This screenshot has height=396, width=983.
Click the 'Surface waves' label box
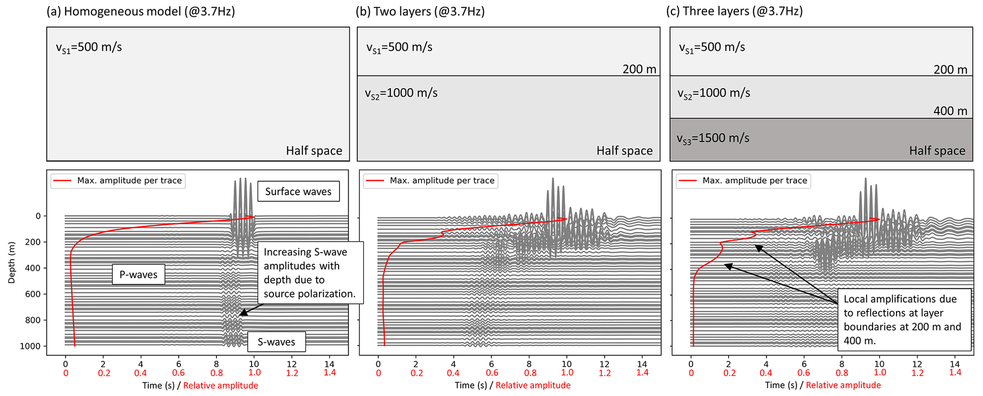tap(298, 191)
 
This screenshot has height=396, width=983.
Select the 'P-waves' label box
tap(138, 274)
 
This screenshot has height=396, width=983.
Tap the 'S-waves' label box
tap(276, 342)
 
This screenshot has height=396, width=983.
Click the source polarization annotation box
tap(310, 273)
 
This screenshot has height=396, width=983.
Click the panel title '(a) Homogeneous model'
tap(141, 11)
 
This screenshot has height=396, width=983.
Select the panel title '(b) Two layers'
tap(420, 11)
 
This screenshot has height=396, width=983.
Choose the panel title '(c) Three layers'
tap(735, 11)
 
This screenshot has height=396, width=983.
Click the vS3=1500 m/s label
tap(713, 139)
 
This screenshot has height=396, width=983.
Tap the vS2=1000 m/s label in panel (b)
tap(401, 93)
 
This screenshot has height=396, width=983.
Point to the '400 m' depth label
tap(950, 111)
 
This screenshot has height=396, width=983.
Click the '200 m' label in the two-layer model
tap(639, 69)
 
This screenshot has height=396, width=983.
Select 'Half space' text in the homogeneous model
tap(314, 151)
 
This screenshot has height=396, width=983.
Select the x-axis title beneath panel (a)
tap(200, 386)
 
